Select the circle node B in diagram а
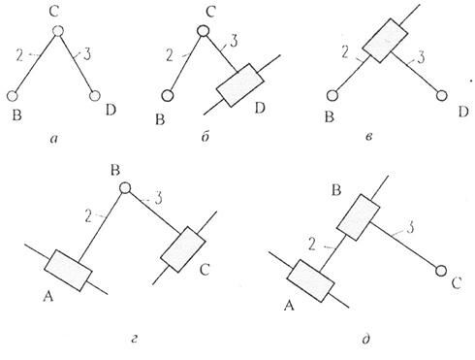pos(14,96)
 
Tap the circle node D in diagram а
pos(95,96)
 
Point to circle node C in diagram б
pos(203,32)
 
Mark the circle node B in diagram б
pos(167,96)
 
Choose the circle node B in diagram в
pos(332,96)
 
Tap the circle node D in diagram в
pos(442,96)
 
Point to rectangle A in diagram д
pos(310,282)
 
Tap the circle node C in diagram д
pos(442,270)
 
